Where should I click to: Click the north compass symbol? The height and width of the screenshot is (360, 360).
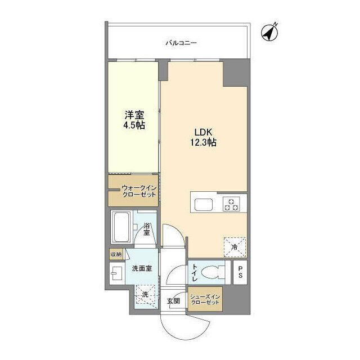[x=271, y=33]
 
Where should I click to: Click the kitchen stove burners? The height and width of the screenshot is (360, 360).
[x=230, y=204]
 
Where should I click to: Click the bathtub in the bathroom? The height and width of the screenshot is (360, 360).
[x=121, y=228]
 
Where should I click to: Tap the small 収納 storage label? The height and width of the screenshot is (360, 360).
[x=116, y=255]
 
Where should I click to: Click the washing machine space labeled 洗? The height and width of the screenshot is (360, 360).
[x=145, y=294]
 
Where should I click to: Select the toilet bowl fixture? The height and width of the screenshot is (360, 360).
[x=211, y=272]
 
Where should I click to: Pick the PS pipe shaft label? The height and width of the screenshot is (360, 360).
[x=240, y=272]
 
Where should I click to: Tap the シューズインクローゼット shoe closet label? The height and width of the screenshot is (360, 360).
[x=205, y=299]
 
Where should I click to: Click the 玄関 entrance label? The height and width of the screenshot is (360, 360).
[x=173, y=301]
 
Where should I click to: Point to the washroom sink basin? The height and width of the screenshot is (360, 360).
[x=117, y=275]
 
